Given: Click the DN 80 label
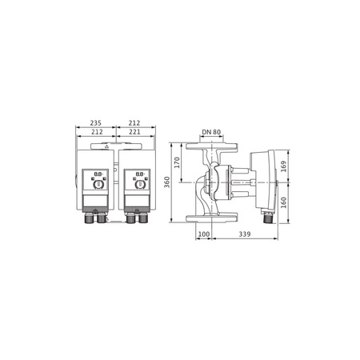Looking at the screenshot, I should coord(212,132).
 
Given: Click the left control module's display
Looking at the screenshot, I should coord(98,174).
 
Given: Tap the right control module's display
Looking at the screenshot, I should coord(140,174).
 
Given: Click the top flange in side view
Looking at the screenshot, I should coord(212,146).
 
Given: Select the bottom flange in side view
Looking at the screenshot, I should coord(212,219).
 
